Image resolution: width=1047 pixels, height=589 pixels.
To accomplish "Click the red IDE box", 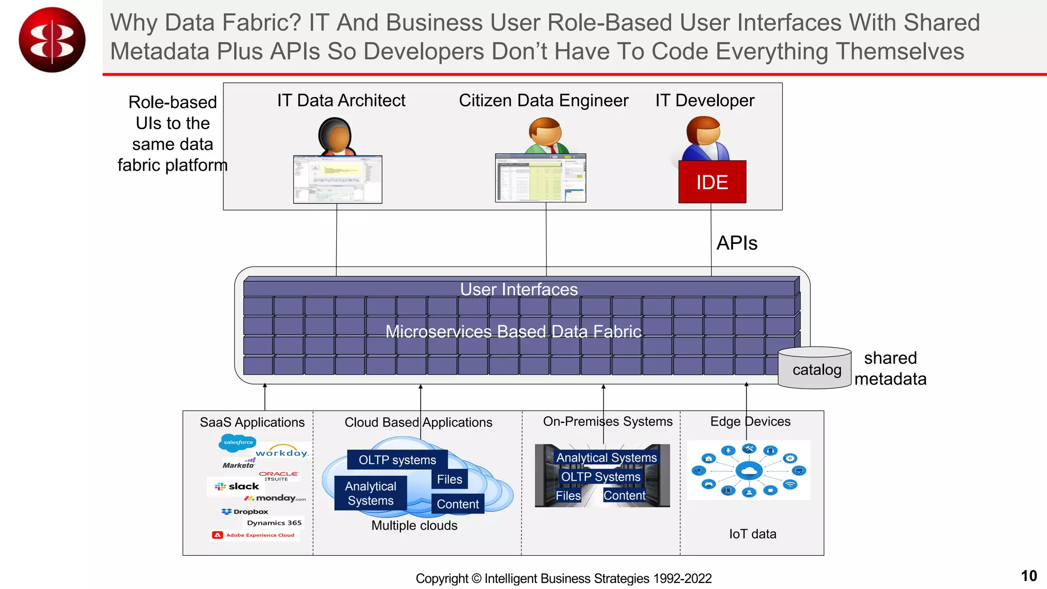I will (x=712, y=182).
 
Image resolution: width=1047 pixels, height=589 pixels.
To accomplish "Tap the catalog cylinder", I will (x=815, y=368).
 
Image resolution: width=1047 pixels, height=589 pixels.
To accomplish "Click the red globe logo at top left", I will (x=52, y=40).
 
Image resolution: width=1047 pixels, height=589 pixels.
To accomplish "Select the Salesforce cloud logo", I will (x=237, y=442).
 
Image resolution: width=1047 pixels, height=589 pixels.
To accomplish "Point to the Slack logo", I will (x=237, y=486).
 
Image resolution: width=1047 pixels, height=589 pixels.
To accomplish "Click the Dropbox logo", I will (x=245, y=511).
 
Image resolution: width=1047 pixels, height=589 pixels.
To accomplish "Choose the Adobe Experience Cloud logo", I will (x=254, y=535).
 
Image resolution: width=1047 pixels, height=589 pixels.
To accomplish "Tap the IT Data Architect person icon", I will (x=336, y=136).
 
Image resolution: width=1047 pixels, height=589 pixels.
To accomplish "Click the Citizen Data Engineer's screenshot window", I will (x=540, y=178).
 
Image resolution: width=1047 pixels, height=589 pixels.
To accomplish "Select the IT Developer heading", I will (x=704, y=100).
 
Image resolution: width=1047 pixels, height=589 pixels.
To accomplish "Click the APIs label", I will (x=736, y=243).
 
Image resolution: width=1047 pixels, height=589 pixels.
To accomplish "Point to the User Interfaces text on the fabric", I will (x=518, y=289).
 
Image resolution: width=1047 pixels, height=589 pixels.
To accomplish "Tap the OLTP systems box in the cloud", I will (x=397, y=460).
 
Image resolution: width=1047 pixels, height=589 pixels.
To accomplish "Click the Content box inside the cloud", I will (x=457, y=504).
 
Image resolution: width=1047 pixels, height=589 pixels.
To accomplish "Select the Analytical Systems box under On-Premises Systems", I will (x=606, y=458).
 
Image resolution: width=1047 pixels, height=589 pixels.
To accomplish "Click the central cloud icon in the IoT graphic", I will (x=749, y=470).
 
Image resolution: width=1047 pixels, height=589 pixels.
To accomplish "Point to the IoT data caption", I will (x=752, y=534).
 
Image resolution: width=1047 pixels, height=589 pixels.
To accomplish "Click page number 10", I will (x=1029, y=576).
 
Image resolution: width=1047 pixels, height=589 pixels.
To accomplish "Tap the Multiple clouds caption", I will (x=414, y=525).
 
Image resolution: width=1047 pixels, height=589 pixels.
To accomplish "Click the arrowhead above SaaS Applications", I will (x=265, y=386).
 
